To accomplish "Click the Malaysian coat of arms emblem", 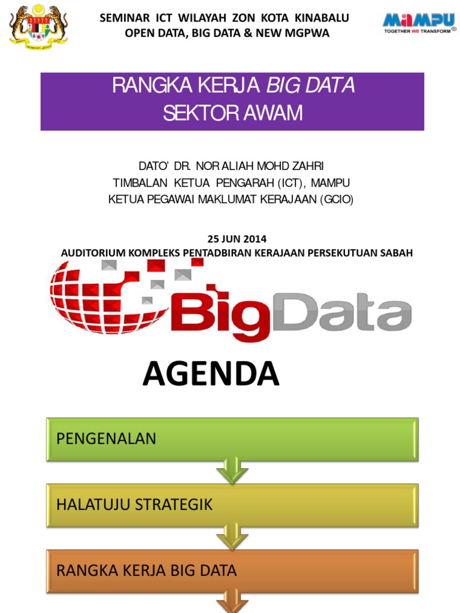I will tap(39, 28).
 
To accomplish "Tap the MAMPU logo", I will tap(419, 23).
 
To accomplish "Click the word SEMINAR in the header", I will tap(123, 18).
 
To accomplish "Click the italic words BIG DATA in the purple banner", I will tap(310, 86).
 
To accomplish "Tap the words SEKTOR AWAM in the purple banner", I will tap(232, 113).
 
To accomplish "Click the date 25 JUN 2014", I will tap(237, 239).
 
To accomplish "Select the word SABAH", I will tap(396, 253).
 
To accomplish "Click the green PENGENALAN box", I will tap(232, 439).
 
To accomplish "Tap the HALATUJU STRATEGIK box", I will tap(232, 505).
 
